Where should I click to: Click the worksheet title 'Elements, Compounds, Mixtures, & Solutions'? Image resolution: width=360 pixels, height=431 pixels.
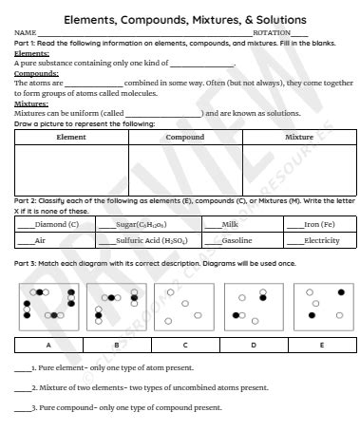184,19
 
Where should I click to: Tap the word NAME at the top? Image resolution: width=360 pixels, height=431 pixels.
24,33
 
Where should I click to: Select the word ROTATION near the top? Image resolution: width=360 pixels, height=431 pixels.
272,33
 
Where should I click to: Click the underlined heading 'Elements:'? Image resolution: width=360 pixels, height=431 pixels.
32,54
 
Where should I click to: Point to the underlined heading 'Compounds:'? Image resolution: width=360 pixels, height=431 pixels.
37,73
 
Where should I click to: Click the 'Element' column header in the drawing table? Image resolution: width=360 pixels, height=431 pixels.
71,138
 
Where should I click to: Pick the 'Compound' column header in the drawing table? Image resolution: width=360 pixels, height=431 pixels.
184,138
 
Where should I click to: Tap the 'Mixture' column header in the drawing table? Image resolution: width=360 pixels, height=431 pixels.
298,138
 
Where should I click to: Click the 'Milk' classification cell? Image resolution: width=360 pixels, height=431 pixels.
228,224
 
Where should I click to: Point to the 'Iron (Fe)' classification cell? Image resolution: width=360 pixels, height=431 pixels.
318,224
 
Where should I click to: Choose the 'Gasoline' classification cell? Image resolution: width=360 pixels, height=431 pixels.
236,241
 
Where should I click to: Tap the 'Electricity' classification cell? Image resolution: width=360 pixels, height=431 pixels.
321,241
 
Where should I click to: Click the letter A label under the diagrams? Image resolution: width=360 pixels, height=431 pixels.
48,345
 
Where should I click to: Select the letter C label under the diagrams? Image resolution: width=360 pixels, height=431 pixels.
184,345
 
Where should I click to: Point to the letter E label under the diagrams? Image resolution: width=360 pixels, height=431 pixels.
320,345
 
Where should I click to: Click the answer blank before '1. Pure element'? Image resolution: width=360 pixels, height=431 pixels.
22,366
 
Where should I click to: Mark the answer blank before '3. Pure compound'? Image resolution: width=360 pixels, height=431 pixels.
22,407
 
